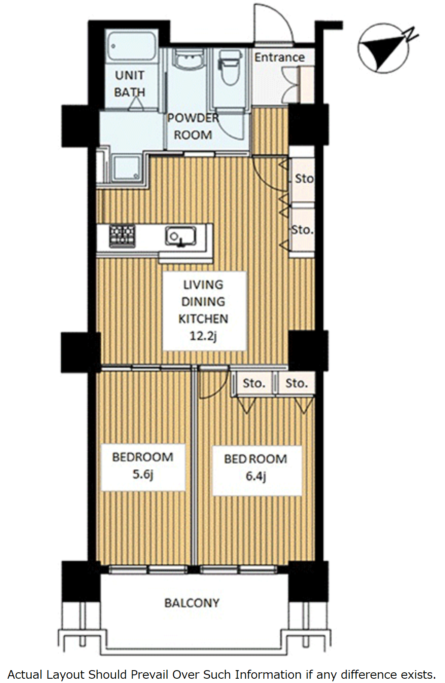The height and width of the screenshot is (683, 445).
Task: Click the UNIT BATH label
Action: [129, 84]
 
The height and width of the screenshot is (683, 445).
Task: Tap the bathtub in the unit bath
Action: [132, 46]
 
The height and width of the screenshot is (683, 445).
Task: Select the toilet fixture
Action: [229, 67]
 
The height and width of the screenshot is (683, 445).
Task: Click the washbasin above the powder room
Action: [187, 59]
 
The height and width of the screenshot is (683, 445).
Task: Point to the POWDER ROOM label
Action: [193, 126]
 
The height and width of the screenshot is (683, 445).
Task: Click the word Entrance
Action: [279, 57]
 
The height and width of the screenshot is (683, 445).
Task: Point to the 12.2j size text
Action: [203, 336]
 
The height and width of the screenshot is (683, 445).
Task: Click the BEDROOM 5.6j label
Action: [142, 465]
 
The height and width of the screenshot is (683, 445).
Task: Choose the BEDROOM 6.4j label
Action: [256, 468]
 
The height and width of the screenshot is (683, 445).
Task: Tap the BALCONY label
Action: [192, 603]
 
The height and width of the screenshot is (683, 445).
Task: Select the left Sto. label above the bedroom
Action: [254, 383]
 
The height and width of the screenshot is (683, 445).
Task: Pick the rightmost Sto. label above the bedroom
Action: [296, 383]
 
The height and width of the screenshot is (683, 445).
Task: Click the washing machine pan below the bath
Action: [126, 167]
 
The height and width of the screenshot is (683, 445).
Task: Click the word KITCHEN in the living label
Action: [203, 319]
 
